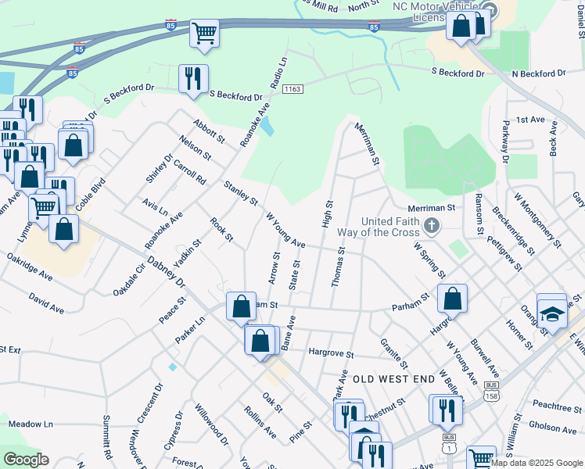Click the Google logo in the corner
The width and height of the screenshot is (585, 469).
click(27, 459)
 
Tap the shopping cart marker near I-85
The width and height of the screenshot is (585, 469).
click(204, 34)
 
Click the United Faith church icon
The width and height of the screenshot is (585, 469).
click(430, 227)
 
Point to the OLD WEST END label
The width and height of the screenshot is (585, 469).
click(393, 379)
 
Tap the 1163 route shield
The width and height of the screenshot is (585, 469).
click(292, 90)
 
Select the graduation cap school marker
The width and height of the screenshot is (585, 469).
click(551, 314)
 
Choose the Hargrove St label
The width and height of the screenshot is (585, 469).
click(331, 354)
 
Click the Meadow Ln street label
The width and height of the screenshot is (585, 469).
click(31, 424)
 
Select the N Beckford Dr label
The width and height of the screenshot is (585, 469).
click(538, 73)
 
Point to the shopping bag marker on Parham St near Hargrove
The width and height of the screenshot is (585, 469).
click(452, 298)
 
